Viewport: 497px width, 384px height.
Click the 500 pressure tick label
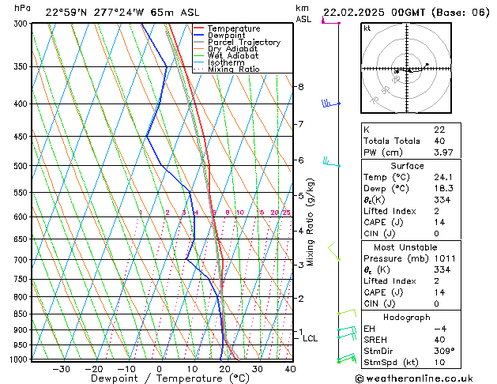tap(21, 166)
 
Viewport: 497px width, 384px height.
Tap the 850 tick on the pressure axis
tap(21, 314)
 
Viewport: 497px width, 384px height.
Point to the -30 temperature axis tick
tap(62, 368)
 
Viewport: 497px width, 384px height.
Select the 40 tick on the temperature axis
tap(290, 368)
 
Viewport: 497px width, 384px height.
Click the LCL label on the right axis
tap(311, 338)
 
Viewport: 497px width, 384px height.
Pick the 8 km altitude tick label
tap(300, 86)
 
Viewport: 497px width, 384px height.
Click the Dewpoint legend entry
tap(225, 36)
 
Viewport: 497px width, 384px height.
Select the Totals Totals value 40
tap(439, 141)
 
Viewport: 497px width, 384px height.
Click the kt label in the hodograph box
tap(367, 28)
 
